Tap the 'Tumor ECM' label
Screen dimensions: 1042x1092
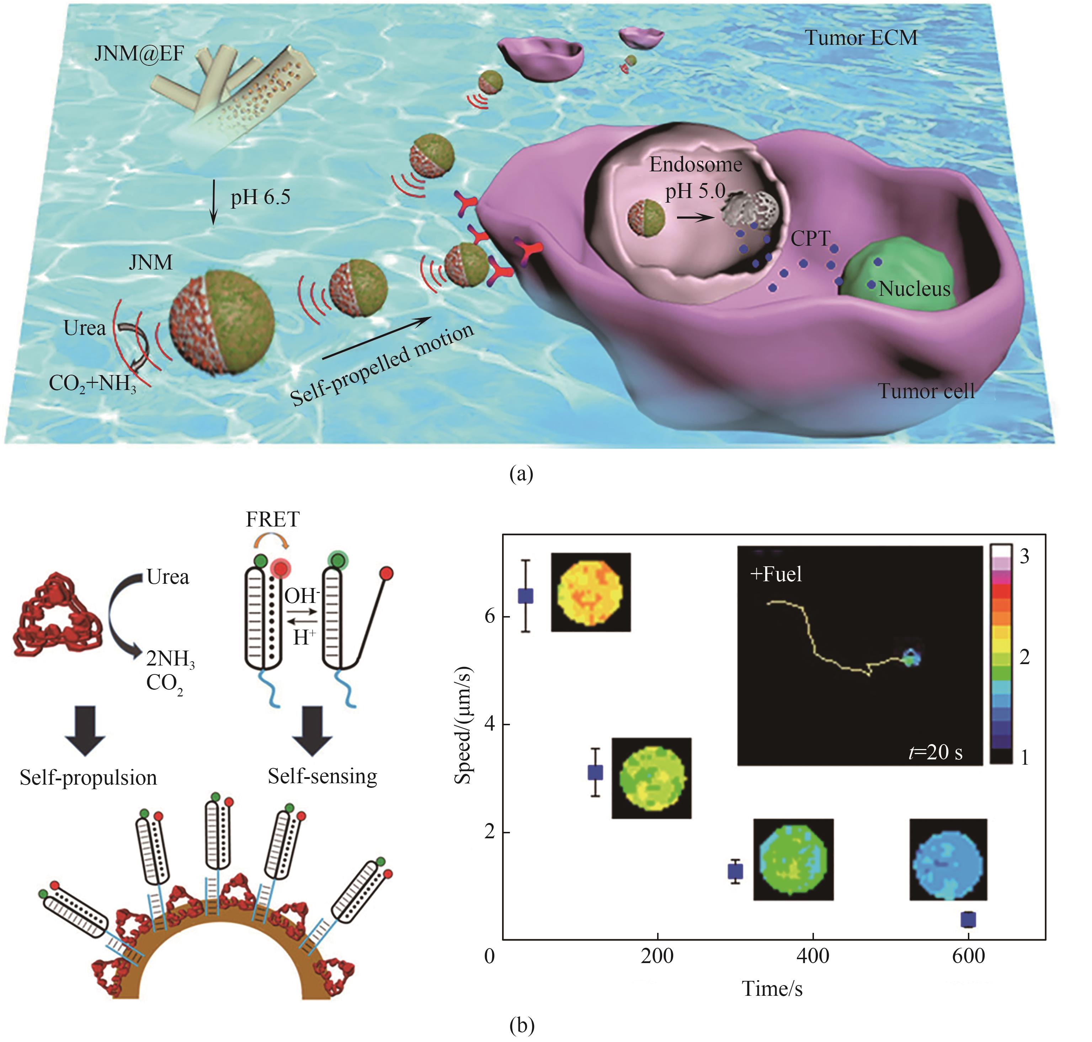(x=861, y=38)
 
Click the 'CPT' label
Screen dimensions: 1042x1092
(x=810, y=239)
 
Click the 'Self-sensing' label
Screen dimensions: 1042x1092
(x=322, y=776)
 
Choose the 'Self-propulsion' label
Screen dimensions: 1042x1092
(x=88, y=778)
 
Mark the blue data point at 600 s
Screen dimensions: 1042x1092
(x=968, y=920)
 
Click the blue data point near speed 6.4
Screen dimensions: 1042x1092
(x=526, y=596)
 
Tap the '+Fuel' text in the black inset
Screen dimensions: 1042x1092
(x=776, y=574)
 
